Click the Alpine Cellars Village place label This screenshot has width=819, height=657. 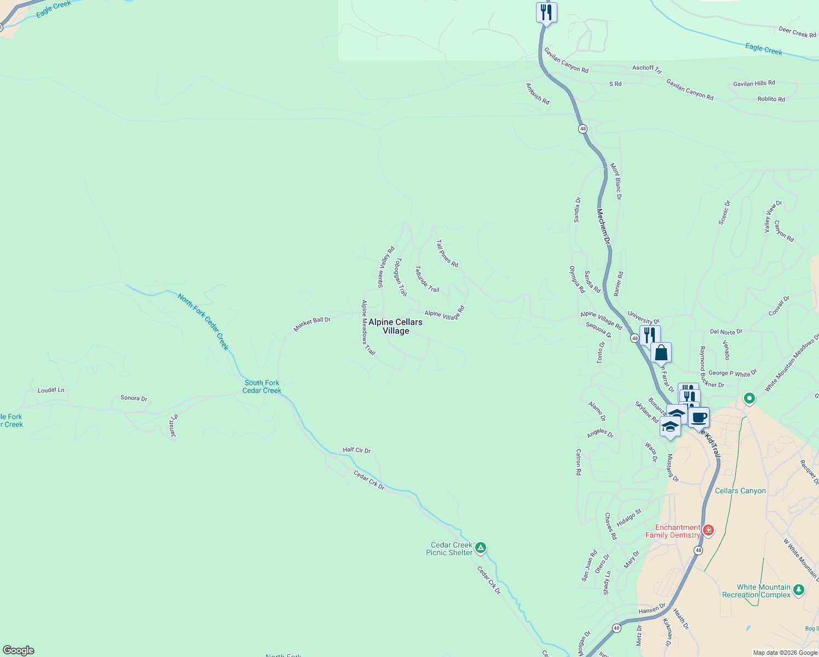[395, 326]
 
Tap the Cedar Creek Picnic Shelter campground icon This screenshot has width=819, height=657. [481, 547]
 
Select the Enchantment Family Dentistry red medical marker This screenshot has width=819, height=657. [708, 530]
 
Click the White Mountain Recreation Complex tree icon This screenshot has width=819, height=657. [799, 590]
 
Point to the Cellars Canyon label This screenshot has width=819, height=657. [740, 491]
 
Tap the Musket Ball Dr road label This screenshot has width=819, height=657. [312, 324]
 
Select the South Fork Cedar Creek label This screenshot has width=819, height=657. [262, 387]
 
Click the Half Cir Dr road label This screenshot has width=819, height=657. [356, 450]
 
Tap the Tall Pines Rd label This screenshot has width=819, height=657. [447, 253]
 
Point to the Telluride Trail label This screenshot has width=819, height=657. [427, 279]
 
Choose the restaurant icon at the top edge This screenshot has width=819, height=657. [546, 12]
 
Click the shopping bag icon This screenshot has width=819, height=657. [661, 353]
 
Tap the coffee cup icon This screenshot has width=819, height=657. [699, 418]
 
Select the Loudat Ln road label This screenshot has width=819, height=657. [51, 390]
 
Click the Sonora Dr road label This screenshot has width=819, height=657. [134, 398]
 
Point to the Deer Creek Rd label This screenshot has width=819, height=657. [797, 32]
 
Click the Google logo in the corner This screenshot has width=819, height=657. [19, 650]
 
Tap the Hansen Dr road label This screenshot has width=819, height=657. [651, 608]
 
